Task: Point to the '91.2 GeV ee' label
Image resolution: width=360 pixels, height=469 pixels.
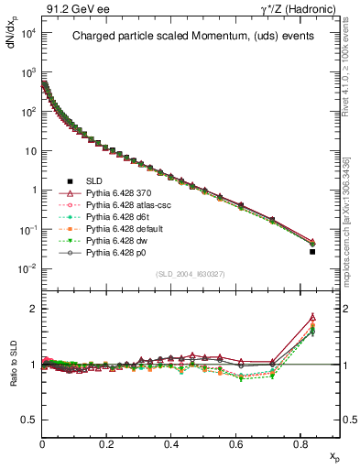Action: point(69,8)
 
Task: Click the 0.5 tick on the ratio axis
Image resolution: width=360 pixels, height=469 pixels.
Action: point(28,420)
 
